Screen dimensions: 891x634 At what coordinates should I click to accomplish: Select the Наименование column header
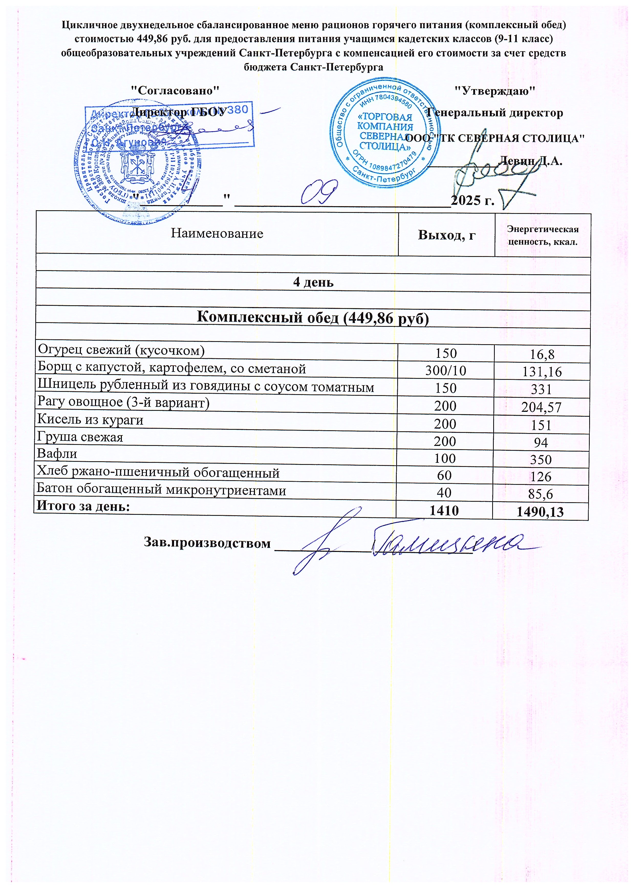click(x=217, y=234)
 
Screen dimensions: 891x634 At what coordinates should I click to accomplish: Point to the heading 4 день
click(x=313, y=282)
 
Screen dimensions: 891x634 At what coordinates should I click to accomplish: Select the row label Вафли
click(x=57, y=454)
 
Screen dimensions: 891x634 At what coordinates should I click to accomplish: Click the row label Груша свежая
click(x=80, y=437)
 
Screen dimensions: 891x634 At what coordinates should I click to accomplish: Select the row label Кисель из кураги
click(x=90, y=420)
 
